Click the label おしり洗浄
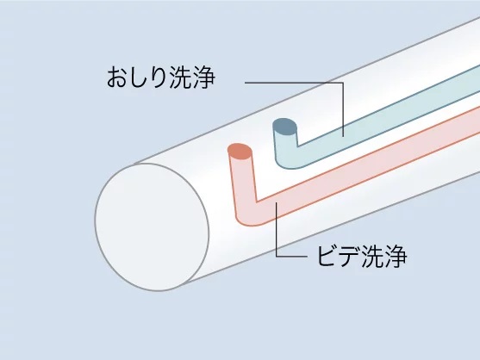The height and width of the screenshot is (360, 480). click(161, 77)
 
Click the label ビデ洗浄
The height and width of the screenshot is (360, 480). click(362, 257)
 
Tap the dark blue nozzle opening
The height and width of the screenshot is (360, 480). click(284, 127)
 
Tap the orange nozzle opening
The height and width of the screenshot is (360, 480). click(240, 152)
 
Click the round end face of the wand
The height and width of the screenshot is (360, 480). click(153, 227)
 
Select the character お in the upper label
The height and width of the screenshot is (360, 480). click(118, 77)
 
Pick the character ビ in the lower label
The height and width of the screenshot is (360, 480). click(327, 257)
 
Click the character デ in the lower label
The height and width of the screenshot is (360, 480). click(349, 257)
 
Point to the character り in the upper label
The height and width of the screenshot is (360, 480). click(159, 77)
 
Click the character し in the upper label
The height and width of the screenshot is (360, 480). click(140, 77)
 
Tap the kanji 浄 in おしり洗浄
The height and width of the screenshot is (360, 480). click(204, 77)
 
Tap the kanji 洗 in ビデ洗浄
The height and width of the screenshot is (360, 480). click(372, 257)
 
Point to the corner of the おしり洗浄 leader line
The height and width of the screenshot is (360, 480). click(343, 83)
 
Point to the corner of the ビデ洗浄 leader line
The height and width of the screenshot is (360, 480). click(277, 256)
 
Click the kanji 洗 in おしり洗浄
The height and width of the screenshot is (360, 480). click(181, 77)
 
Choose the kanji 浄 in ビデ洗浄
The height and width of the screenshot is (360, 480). click(396, 257)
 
